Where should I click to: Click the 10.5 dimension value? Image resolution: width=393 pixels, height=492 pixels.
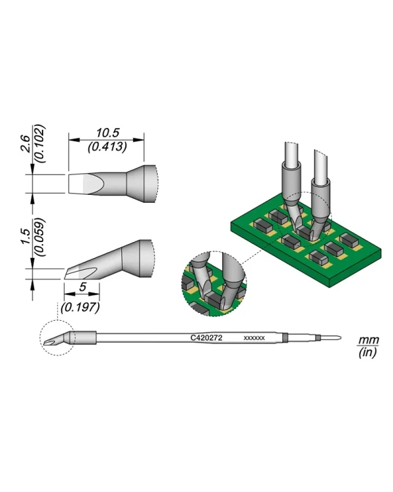pos(107,133)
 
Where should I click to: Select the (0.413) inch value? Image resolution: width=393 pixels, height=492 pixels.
pos(107,146)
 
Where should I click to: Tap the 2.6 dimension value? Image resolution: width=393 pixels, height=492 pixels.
pos(26,144)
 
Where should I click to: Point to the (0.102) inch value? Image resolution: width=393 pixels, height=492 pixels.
pos(40,144)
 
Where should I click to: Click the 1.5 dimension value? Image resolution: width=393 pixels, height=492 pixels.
pos(26,237)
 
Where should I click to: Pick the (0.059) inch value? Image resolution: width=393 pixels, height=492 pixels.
pos(40,237)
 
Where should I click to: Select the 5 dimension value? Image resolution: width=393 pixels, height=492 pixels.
pos(83,287)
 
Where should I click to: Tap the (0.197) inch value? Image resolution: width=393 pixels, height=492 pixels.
pos(81,307)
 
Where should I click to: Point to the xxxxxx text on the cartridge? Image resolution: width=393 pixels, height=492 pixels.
pos(254,338)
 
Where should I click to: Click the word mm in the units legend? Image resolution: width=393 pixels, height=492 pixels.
pos(369,340)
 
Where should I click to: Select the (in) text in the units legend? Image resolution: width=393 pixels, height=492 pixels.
pos(367,352)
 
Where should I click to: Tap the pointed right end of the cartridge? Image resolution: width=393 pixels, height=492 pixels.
pos(341,338)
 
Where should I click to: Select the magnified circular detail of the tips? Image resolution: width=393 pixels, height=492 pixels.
pos(214,283)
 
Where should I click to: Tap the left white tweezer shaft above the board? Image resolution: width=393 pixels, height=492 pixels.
pos(292,154)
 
